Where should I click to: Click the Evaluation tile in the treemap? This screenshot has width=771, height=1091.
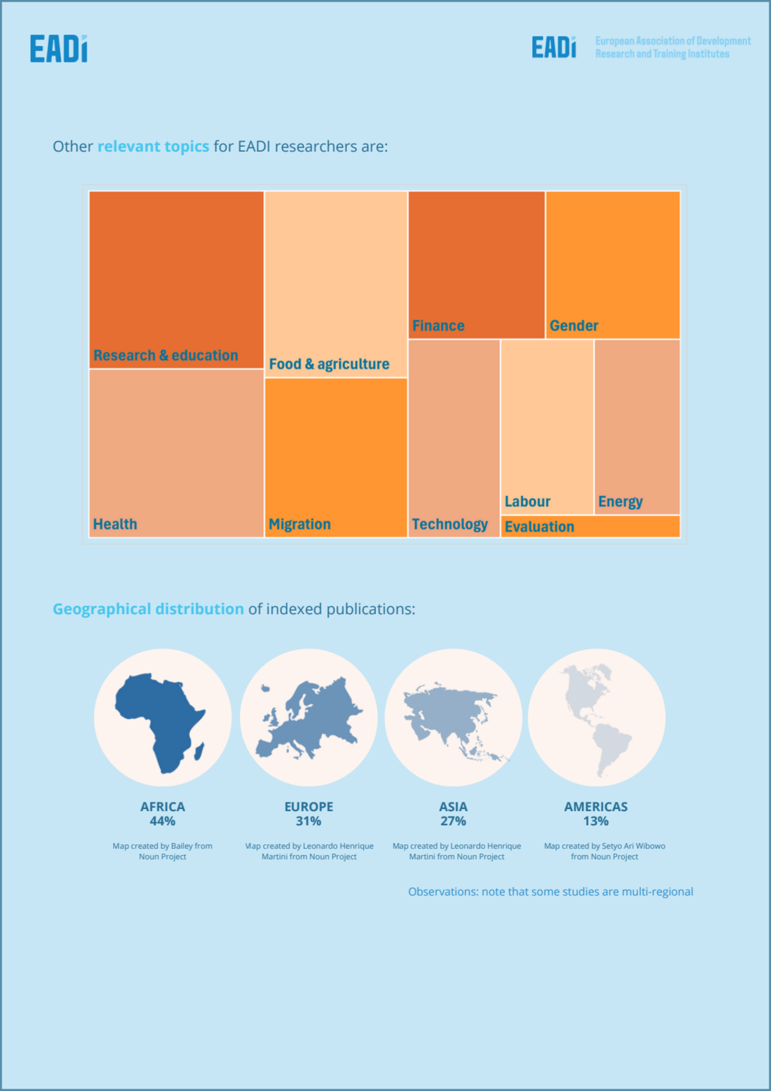point(590,527)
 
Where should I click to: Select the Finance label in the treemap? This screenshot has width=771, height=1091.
point(439,326)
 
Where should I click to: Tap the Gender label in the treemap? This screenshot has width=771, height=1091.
point(574,326)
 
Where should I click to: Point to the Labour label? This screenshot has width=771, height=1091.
point(528,502)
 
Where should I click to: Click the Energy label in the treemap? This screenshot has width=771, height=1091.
point(620,502)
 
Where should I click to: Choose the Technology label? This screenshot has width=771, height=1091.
point(450,524)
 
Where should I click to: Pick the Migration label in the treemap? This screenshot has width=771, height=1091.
point(300,524)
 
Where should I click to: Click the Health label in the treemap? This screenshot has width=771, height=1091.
point(115,524)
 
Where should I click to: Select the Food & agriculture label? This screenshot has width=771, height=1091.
point(329,364)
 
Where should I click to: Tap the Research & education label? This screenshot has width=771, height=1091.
point(166,355)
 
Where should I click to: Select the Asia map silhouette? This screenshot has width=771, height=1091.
point(452,720)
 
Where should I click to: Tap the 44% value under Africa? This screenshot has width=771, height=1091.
point(163,821)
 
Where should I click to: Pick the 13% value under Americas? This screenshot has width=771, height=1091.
point(596,821)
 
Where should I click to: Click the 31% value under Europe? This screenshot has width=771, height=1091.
point(308,821)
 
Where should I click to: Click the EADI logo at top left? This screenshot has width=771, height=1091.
point(58,49)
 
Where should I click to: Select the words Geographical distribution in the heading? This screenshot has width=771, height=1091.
point(148,609)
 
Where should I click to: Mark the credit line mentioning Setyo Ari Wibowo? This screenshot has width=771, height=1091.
point(604,851)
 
